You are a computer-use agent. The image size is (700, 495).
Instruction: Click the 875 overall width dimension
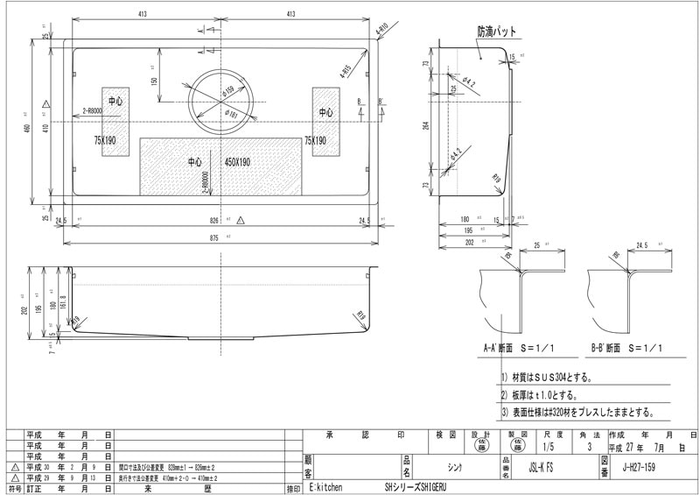(x=214, y=237)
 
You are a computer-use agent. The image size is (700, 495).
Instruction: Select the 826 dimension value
(x=214, y=220)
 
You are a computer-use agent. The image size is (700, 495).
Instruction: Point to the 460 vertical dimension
(x=27, y=128)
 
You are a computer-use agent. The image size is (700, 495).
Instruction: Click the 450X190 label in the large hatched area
(x=237, y=162)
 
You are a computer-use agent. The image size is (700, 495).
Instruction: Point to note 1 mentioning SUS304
(x=547, y=378)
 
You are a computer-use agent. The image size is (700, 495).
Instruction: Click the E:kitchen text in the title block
(x=325, y=487)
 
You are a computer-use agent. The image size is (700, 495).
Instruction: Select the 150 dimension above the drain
(x=154, y=81)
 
